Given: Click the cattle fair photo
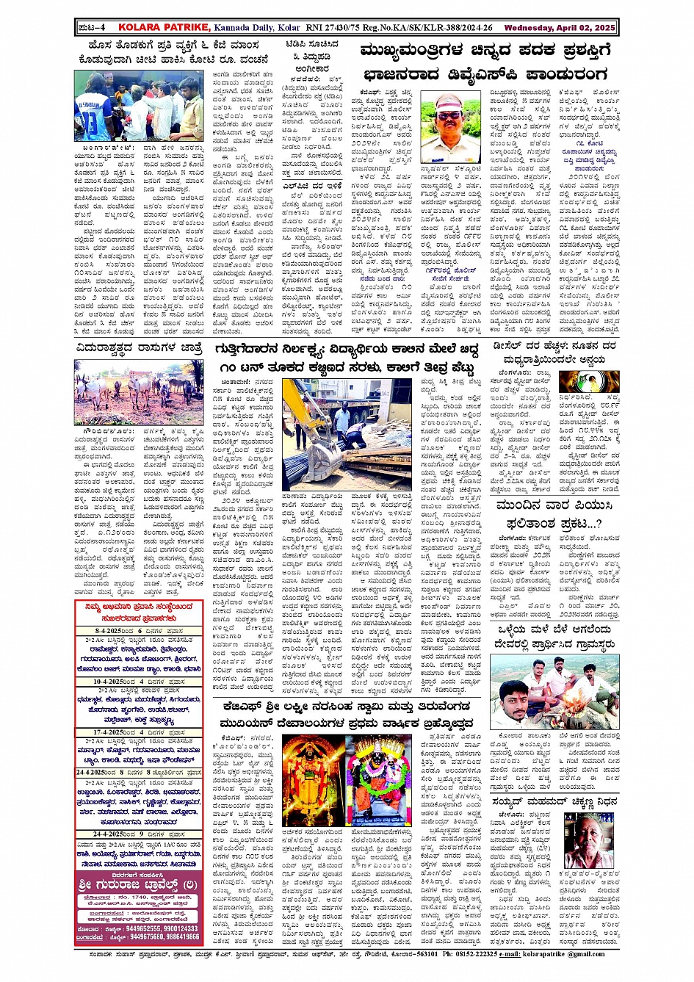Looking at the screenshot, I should point(139,392).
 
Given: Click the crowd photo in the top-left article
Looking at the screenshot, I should point(139,106).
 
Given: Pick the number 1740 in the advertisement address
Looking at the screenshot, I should point(138,897).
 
